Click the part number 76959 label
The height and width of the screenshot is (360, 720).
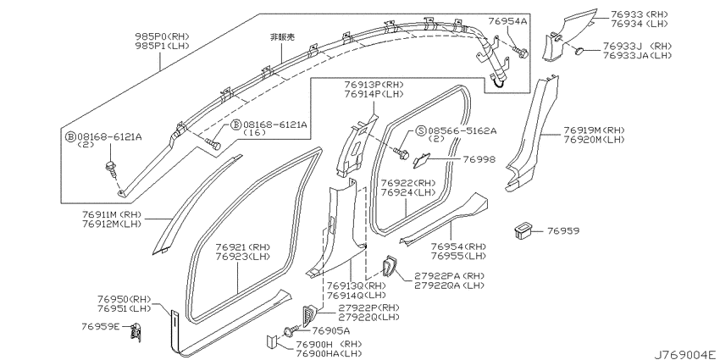coord(563,230)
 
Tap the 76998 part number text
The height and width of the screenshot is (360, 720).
coord(479,159)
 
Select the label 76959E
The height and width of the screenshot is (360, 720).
coord(101,326)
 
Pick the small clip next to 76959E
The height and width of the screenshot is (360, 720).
coord(136,330)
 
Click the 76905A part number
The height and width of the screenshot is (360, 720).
coord(331,330)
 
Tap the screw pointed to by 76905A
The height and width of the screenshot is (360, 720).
coord(291,330)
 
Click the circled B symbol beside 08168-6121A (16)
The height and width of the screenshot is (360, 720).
coord(236,124)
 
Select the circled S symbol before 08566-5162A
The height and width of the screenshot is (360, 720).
coord(421,130)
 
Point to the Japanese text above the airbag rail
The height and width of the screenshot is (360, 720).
coord(281,37)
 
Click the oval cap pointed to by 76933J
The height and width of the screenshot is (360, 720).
coord(580,50)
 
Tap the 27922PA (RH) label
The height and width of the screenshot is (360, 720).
coord(450,276)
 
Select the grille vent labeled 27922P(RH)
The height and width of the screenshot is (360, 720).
coord(309,315)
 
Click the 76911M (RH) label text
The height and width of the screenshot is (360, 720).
coord(113,214)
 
